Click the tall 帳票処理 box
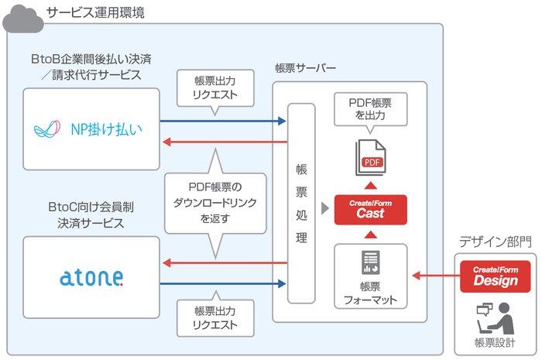point(301,203)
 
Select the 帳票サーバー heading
point(306,68)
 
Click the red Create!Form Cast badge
point(370,210)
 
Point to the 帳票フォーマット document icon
point(370,263)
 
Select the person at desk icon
point(496,316)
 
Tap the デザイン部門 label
point(496,242)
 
